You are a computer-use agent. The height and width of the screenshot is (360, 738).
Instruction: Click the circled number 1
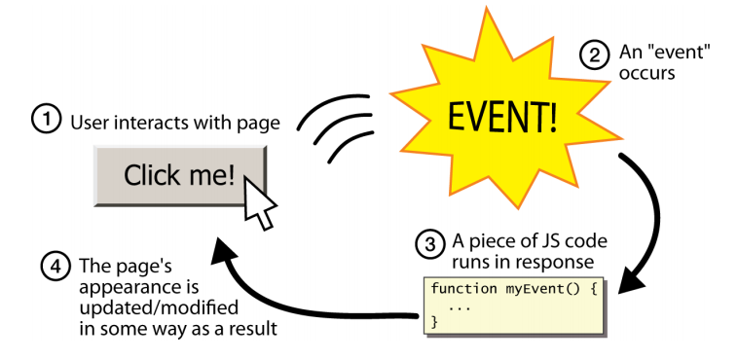45,123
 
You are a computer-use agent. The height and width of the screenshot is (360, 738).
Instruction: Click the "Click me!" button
179,175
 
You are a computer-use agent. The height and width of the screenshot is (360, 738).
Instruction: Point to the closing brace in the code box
435,320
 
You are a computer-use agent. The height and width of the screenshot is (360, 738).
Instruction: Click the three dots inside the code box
459,306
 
